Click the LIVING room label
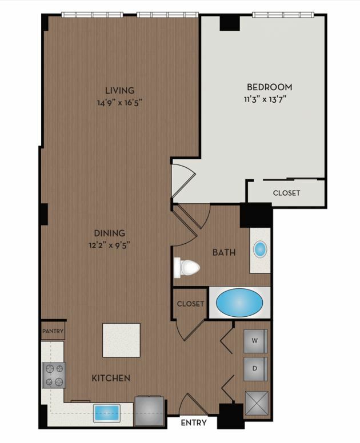(x=119, y=90)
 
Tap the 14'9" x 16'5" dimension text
(x=119, y=103)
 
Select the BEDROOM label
(x=270, y=87)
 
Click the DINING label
(x=110, y=233)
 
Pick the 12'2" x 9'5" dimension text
(x=110, y=245)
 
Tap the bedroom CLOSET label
(x=286, y=193)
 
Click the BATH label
(x=224, y=252)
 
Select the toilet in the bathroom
(x=187, y=267)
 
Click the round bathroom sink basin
(x=260, y=249)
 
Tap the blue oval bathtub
(x=239, y=303)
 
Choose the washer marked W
(x=255, y=341)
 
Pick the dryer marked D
(x=255, y=369)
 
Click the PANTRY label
(x=53, y=331)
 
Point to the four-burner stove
(x=54, y=375)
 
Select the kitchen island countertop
(x=121, y=340)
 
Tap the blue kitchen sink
(x=107, y=413)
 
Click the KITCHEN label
(x=111, y=378)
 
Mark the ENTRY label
(x=194, y=422)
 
